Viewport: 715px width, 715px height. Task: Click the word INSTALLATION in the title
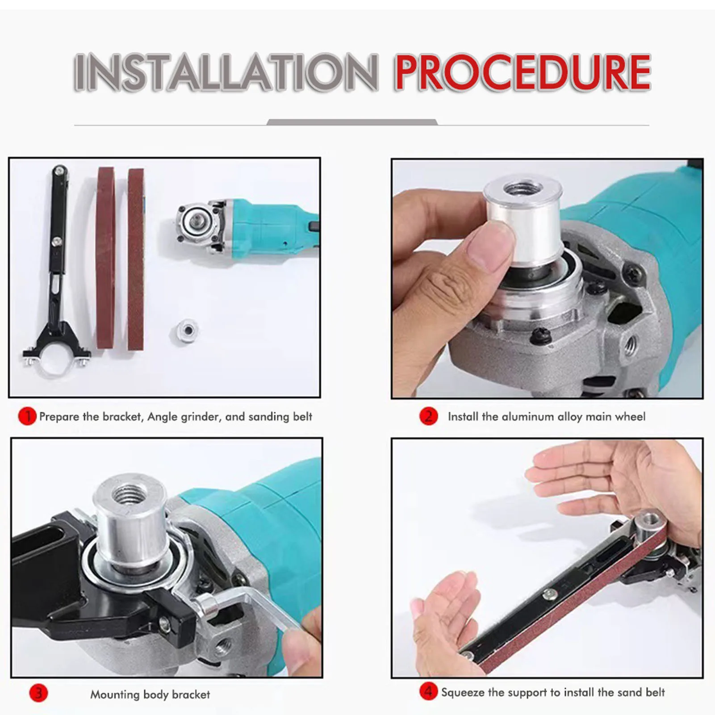(x=226, y=72)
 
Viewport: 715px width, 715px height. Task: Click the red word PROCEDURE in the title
(x=523, y=72)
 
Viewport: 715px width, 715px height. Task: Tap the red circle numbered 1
(x=27, y=416)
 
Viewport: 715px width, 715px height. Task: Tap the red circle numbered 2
(x=428, y=416)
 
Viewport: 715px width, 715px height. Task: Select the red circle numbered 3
(x=38, y=693)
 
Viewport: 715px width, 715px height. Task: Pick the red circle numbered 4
(x=428, y=692)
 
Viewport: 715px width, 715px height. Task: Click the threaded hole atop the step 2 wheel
(x=522, y=188)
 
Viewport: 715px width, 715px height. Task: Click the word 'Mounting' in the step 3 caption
(x=115, y=694)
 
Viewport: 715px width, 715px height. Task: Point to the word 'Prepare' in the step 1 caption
(x=59, y=417)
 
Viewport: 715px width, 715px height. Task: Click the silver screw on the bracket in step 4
(x=549, y=594)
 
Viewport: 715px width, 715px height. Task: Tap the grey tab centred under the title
(x=352, y=122)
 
